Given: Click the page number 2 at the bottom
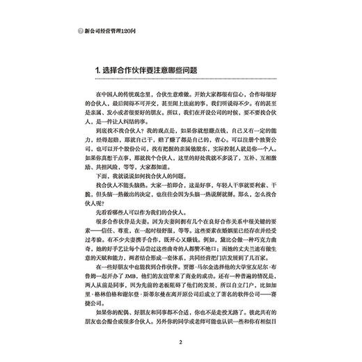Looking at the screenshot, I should click(x=180, y=342).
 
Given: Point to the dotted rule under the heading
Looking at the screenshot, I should click(x=180, y=81).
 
